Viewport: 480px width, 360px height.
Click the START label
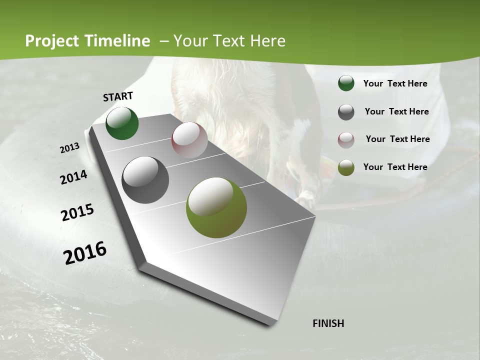click(x=118, y=96)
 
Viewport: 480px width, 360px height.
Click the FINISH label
click(x=328, y=323)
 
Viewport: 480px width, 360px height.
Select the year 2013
click(x=69, y=148)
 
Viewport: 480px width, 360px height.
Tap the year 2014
click(x=73, y=177)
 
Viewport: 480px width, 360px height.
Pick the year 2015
click(x=77, y=212)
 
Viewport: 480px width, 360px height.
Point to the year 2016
click(x=85, y=253)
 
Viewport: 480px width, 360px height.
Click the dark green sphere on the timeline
click(x=122, y=123)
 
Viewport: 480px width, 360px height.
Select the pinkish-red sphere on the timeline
click(x=189, y=140)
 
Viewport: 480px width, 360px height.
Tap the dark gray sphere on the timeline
click(x=145, y=180)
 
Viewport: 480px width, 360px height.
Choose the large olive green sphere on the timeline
click(x=216, y=207)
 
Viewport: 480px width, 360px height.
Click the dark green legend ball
click(x=346, y=83)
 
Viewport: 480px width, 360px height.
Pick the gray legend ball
click(x=346, y=112)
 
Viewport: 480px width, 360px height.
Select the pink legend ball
click(x=346, y=139)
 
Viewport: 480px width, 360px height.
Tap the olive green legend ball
click(x=346, y=167)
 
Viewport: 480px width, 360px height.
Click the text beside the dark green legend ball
click(x=395, y=83)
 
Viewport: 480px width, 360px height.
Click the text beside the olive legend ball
click(x=395, y=167)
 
